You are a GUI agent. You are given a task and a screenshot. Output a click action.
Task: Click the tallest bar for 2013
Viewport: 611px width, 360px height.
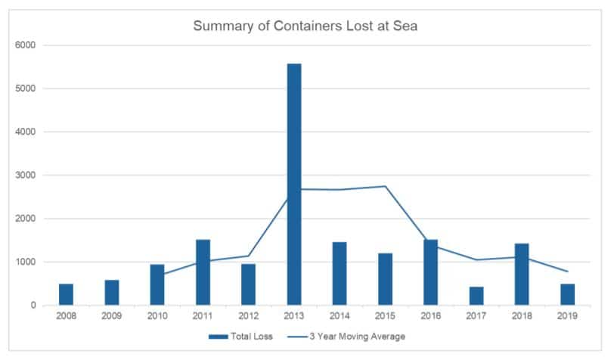click(294, 185)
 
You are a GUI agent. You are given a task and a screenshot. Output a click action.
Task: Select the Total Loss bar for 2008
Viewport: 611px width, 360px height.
click(66, 294)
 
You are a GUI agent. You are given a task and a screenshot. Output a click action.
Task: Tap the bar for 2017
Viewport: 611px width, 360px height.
click(476, 296)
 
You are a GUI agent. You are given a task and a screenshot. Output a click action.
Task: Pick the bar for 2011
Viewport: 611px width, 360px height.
click(203, 272)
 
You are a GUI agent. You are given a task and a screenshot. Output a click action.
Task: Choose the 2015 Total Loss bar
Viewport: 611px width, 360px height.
click(385, 279)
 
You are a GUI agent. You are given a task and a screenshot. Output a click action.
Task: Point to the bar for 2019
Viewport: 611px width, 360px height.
click(567, 294)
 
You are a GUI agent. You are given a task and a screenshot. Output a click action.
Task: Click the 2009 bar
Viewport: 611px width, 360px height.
click(111, 293)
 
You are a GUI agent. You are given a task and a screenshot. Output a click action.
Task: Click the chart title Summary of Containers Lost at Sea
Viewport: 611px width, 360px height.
click(305, 26)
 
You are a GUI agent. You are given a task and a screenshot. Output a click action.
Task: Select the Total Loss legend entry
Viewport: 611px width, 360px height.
click(240, 337)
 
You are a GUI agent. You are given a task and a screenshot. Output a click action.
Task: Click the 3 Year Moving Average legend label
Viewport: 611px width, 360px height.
click(358, 337)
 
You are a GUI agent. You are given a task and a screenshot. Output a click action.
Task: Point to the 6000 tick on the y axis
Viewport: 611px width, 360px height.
click(25, 45)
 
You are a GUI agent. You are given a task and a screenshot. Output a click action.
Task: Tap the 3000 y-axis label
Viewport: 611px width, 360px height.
click(25, 175)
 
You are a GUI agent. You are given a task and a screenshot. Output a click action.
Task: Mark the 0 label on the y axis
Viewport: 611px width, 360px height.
click(33, 306)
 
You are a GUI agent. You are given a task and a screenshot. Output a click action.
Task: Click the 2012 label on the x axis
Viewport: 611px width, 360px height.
click(248, 316)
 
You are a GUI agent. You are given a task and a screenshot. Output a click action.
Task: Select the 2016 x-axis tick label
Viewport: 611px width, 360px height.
click(430, 316)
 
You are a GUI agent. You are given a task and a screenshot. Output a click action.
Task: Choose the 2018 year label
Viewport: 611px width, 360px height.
click(522, 316)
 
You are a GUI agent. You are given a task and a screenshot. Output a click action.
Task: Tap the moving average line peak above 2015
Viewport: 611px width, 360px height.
click(385, 186)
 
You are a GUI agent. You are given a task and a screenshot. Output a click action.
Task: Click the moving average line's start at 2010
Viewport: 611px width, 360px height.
click(164, 275)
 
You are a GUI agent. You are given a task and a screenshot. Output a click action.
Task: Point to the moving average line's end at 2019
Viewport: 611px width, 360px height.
click(567, 272)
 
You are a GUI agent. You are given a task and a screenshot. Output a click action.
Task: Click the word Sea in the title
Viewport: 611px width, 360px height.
click(405, 26)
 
